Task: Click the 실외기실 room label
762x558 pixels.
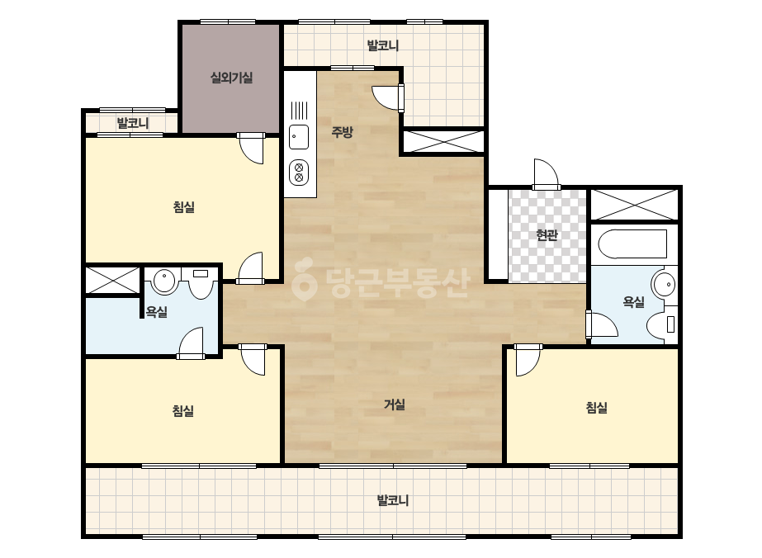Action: [231, 78]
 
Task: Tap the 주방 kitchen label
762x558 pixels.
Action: [342, 132]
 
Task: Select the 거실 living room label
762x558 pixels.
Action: [394, 404]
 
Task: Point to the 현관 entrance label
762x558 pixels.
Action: [547, 235]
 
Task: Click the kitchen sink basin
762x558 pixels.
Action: [298, 137]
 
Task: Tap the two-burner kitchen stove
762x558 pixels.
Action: [298, 173]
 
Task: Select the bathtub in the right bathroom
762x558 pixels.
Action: [632, 244]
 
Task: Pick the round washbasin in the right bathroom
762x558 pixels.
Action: [664, 284]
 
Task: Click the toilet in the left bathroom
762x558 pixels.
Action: [201, 284]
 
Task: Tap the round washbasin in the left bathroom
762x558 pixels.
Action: [164, 281]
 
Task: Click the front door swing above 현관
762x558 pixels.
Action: [546, 173]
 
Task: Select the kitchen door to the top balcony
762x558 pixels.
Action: [388, 97]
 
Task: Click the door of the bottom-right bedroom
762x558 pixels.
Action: [528, 360]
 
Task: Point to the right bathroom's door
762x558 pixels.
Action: [602, 324]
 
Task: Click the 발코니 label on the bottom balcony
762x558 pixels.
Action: [393, 500]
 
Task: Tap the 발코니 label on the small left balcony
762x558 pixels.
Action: [132, 123]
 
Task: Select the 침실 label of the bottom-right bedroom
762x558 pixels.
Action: [596, 407]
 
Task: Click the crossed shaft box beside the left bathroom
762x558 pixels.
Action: [113, 280]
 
